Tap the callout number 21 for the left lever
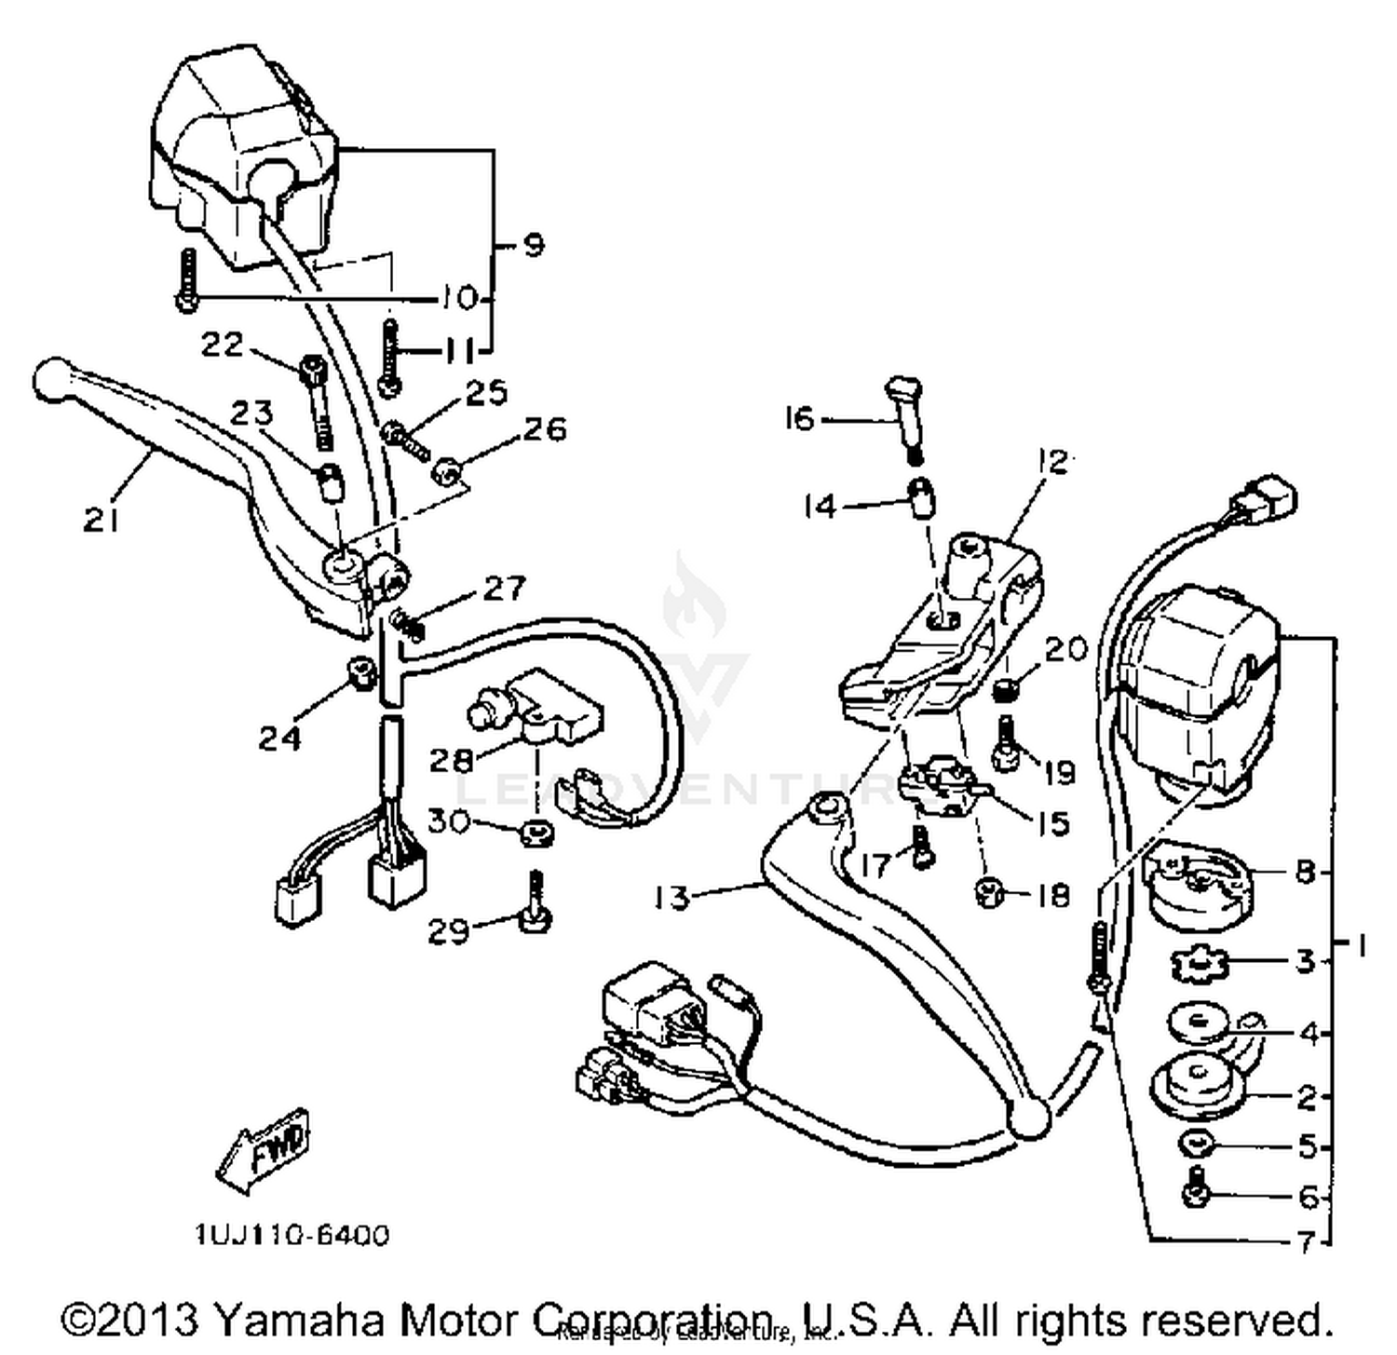101,520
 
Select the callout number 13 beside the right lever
671,898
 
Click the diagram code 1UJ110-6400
292,1235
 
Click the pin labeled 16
906,411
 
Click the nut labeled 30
536,832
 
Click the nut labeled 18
987,894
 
